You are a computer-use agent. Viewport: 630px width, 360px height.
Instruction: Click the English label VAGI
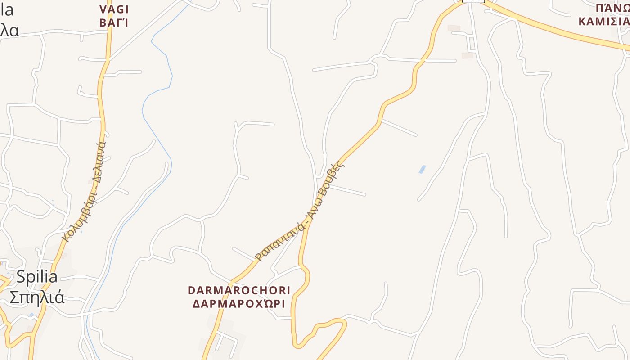(x=114, y=9)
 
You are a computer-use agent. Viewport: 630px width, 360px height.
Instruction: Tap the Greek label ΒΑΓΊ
(x=114, y=22)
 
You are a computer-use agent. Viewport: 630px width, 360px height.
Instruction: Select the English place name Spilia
(x=37, y=277)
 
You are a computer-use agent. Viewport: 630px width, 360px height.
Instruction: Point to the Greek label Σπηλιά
(x=37, y=297)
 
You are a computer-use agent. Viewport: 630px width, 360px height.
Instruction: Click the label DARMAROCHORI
(x=239, y=290)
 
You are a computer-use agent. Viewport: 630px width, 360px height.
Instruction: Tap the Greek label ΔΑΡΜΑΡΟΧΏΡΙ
(x=239, y=304)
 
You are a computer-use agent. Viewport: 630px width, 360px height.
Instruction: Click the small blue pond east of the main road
(x=422, y=169)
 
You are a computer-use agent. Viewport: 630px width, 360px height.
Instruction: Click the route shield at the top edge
(x=473, y=1)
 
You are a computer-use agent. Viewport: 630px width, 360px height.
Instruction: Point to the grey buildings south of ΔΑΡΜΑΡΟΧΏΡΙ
(x=223, y=335)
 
